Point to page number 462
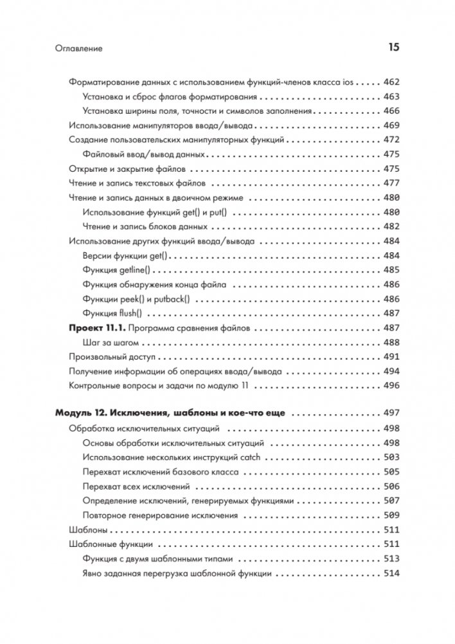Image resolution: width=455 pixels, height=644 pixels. tap(391, 83)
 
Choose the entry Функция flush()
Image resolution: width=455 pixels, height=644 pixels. tap(112, 313)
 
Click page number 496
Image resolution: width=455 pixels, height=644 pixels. tap(391, 386)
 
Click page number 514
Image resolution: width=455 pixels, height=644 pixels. tap(391, 573)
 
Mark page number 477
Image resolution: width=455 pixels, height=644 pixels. tap(391, 183)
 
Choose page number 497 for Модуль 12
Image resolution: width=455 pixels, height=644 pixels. tap(391, 412)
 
